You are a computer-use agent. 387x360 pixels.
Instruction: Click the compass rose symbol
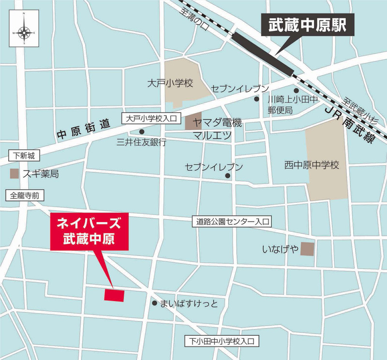click(24, 32)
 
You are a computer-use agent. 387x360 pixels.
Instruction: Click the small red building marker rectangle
click(114, 295)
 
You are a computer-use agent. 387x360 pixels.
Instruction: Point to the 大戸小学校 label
click(170, 83)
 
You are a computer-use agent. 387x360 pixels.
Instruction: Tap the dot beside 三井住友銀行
click(142, 132)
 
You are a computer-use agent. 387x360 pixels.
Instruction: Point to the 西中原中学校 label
click(312, 165)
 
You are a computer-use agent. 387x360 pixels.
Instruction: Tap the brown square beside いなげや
click(307, 249)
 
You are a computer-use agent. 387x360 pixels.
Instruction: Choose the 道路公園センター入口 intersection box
click(232, 222)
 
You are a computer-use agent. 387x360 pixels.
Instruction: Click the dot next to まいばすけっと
click(154, 303)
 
